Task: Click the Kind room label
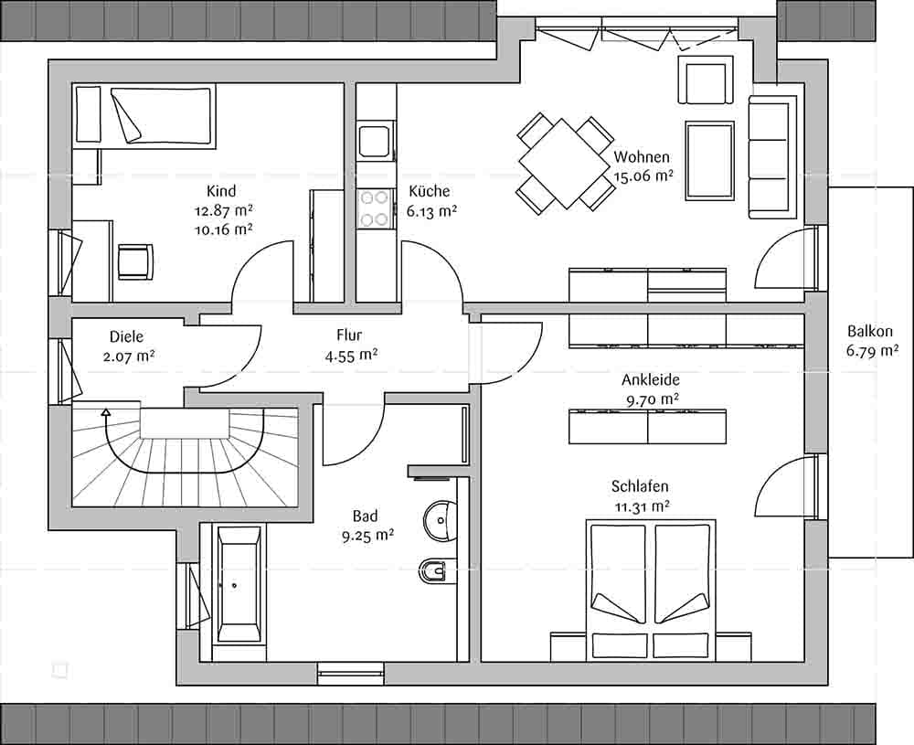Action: (221, 191)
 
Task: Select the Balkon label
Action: (870, 331)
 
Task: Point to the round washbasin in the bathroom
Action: (440, 520)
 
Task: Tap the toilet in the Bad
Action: (433, 570)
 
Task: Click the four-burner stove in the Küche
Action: (374, 208)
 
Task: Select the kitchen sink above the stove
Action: (376, 139)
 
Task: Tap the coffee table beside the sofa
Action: (709, 161)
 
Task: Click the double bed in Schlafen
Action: (651, 590)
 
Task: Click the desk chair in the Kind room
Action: (135, 261)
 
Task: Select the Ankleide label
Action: (651, 380)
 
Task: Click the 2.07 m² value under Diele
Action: (129, 356)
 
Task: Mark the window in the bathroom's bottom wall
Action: (351, 674)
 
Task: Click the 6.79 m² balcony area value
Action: (871, 351)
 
